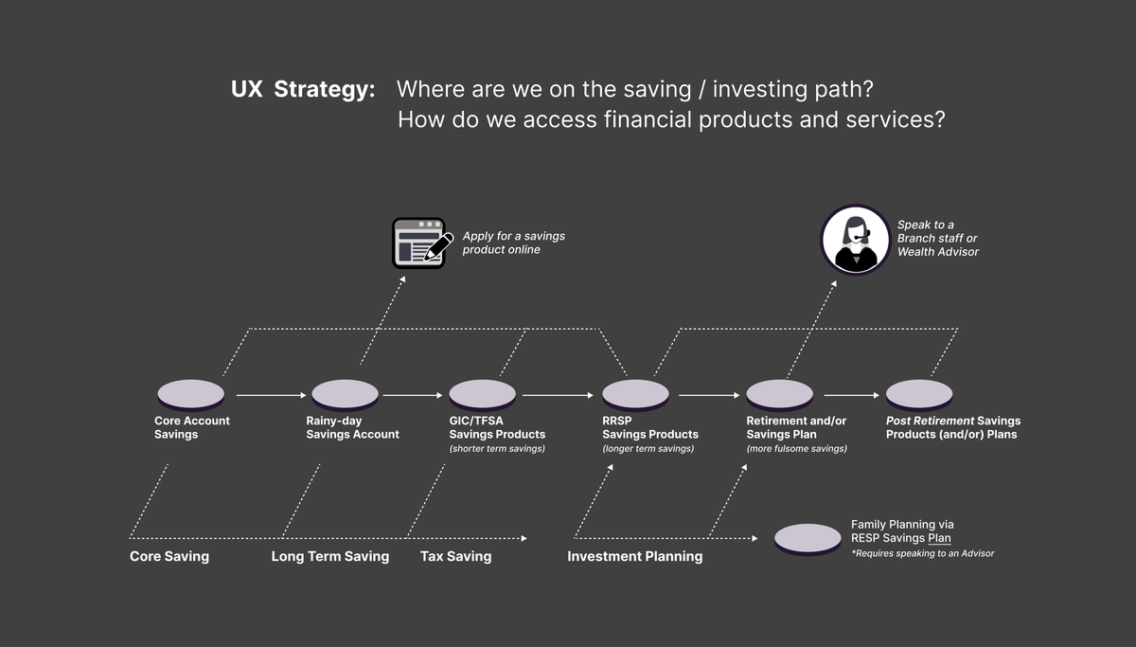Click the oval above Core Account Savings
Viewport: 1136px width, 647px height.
pyautogui.click(x=190, y=394)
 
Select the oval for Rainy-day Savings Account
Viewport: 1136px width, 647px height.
pyautogui.click(x=345, y=394)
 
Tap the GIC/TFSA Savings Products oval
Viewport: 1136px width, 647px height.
pyautogui.click(x=482, y=394)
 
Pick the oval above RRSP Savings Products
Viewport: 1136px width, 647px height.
pyautogui.click(x=635, y=394)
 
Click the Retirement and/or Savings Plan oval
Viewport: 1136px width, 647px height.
pyautogui.click(x=779, y=394)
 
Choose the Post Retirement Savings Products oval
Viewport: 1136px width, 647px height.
pyautogui.click(x=918, y=394)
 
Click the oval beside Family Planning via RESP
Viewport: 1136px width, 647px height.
pyautogui.click(x=808, y=538)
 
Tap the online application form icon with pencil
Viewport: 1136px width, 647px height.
pyautogui.click(x=418, y=243)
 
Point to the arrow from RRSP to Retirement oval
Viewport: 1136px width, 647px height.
pyautogui.click(x=708, y=394)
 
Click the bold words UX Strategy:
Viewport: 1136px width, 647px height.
pyautogui.click(x=303, y=90)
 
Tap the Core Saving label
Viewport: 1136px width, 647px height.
pyautogui.click(x=169, y=557)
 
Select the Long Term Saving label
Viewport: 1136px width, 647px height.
pyautogui.click(x=329, y=557)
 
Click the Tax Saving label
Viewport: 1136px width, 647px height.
pyautogui.click(x=455, y=557)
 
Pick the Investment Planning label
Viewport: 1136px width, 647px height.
pyautogui.click(x=634, y=557)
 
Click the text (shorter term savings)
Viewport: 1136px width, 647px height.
pyautogui.click(x=497, y=449)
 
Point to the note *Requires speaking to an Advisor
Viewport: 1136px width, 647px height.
pyautogui.click(x=922, y=553)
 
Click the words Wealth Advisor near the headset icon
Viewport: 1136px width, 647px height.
pyautogui.click(x=937, y=252)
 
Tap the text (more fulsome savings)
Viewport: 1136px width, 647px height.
pyautogui.click(x=796, y=449)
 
